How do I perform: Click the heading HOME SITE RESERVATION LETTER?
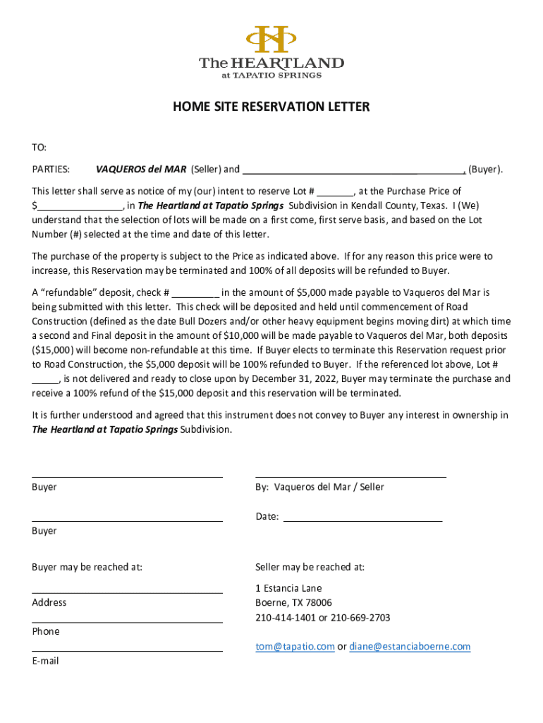pos(271,107)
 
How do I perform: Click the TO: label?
pos(39,148)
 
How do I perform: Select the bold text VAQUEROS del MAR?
pos(141,169)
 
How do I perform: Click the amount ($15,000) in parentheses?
pos(54,350)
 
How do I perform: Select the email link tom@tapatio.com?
pos(295,647)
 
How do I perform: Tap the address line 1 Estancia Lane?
pos(288,588)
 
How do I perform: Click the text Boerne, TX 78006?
pos(293,603)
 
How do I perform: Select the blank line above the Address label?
pos(127,592)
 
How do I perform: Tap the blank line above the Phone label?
pos(127,621)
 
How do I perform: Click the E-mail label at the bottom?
pos(45,662)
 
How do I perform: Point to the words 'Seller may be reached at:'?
pos(310,567)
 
